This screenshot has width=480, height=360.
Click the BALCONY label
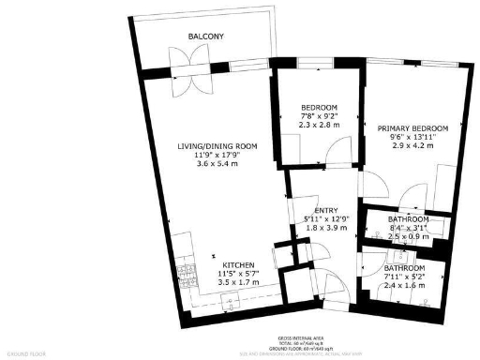point(204,36)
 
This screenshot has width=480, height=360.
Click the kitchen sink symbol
point(228,299)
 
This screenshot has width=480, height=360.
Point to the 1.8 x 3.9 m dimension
point(325,228)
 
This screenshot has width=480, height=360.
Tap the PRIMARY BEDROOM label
point(412,127)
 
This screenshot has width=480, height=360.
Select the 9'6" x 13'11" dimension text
point(412,137)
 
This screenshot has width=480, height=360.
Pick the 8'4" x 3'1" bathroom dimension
point(406,228)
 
